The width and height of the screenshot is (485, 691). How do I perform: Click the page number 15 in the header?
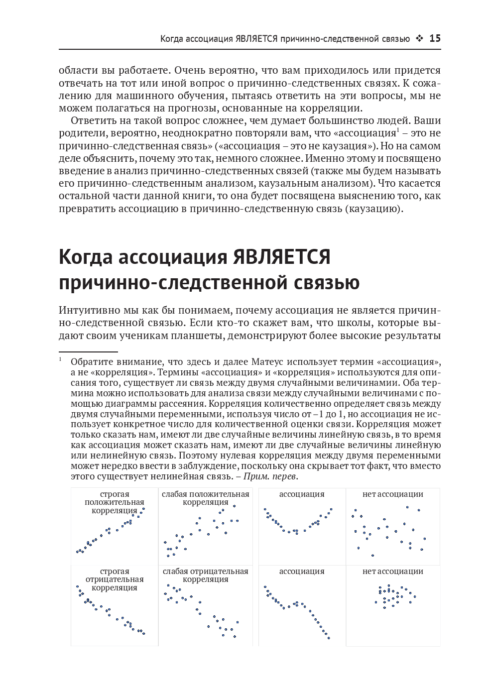click(435, 38)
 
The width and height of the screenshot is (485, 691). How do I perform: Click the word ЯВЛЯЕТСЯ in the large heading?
click(281, 257)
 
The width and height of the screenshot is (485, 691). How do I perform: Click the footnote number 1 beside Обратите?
click(60, 359)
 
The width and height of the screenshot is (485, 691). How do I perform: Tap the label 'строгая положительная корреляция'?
click(115, 502)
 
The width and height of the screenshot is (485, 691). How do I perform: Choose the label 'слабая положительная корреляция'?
click(205, 498)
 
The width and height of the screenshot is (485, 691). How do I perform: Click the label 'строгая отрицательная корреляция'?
click(115, 579)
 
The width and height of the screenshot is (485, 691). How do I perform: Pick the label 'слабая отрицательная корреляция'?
click(205, 575)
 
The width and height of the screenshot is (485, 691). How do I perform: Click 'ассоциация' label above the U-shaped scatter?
click(302, 494)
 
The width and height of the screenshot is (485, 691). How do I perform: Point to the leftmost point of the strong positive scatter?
click(77, 551)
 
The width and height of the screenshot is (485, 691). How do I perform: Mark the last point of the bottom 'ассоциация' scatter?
click(329, 638)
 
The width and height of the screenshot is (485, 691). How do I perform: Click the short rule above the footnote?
click(88, 351)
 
